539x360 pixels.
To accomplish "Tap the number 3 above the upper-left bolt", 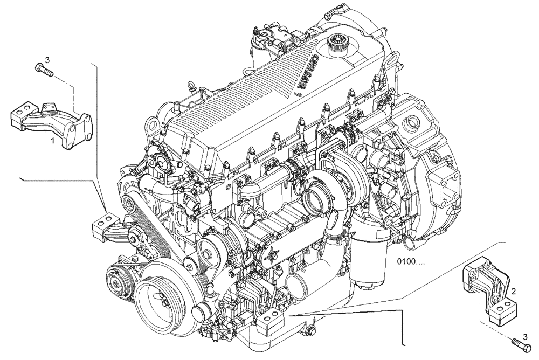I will coord(47,59).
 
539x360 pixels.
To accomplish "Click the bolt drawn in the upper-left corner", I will coord(43,68).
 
